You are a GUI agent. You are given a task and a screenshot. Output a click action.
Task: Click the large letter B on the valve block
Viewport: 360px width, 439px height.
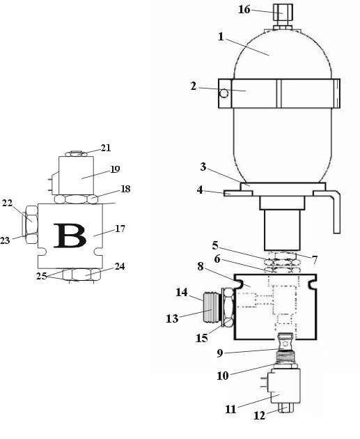click(70, 236)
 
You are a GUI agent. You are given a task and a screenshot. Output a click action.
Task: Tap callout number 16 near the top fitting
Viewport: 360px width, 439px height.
click(244, 9)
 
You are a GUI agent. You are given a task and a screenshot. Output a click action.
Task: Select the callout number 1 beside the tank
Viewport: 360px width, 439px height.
click(221, 37)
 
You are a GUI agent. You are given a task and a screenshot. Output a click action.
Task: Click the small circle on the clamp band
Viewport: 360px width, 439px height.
click(224, 93)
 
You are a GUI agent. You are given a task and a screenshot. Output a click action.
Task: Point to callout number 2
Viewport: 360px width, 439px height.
click(194, 86)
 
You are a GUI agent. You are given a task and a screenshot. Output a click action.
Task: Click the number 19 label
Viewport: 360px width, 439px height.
click(115, 169)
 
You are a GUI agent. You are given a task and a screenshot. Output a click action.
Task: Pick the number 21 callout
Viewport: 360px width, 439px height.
click(106, 148)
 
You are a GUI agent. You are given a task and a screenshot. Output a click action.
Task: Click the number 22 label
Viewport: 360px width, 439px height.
click(7, 203)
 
